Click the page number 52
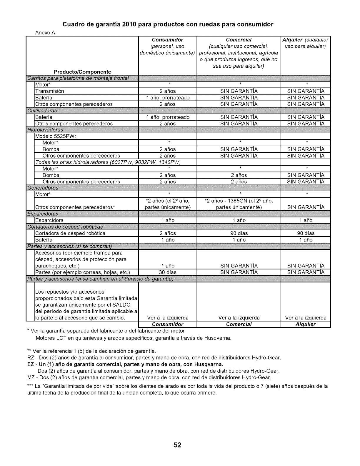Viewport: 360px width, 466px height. pyautogui.click(x=177, y=445)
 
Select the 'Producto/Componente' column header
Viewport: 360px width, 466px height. pyautogui.click(x=82, y=72)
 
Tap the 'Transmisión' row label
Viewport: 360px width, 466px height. pyautogui.click(x=49, y=91)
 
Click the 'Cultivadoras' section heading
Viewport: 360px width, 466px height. pyautogui.click(x=42, y=111)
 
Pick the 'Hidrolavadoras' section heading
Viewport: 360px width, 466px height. pyautogui.click(x=45, y=130)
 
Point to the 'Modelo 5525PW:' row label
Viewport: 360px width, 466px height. pyautogui.click(x=56, y=137)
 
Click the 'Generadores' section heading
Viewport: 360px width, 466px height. pyautogui.click(x=43, y=188)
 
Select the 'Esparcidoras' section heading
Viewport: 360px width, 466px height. pyautogui.click(x=43, y=214)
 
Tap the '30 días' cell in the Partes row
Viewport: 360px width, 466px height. pyautogui.click(x=168, y=272)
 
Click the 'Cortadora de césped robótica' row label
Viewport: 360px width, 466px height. pyautogui.click(x=70, y=233)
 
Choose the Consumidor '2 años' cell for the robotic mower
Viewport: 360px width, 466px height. pyautogui.click(x=168, y=233)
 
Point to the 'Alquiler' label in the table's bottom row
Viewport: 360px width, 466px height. pyautogui.click(x=306, y=324)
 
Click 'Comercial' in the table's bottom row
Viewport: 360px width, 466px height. pyautogui.click(x=239, y=324)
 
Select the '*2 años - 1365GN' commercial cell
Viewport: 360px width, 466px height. pyautogui.click(x=239, y=201)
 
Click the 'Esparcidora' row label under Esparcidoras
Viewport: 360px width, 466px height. pyautogui.click(x=49, y=220)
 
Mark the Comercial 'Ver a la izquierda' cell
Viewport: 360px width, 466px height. pyautogui.click(x=239, y=318)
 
